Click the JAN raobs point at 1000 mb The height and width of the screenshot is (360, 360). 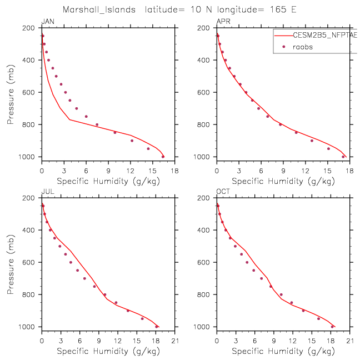coord(163,157)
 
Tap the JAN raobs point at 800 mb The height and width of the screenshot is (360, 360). coord(97,124)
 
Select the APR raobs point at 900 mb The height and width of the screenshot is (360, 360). coord(312,141)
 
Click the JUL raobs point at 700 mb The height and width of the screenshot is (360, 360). coord(84,278)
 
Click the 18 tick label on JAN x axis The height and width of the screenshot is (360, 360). coord(174,171)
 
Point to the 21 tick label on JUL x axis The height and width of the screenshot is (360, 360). coord(174,341)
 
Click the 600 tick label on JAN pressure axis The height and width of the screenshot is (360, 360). coord(30,92)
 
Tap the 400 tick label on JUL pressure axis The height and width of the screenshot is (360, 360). coord(30,230)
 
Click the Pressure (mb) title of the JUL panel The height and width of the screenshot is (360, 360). coord(11,262)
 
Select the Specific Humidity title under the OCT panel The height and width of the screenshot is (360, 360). coord(283,351)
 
